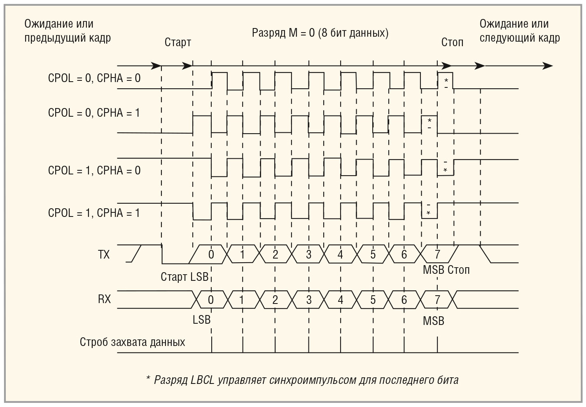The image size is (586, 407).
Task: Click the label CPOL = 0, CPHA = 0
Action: click(x=94, y=78)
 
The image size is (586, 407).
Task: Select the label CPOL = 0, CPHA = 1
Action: click(x=94, y=113)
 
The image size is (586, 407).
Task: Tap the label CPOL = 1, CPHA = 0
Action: click(x=94, y=170)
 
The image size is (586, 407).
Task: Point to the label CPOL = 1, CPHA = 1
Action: click(x=94, y=213)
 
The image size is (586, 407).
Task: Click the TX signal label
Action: click(x=104, y=255)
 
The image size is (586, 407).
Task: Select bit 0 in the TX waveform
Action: click(x=211, y=254)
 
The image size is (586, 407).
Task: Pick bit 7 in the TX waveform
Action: click(x=437, y=254)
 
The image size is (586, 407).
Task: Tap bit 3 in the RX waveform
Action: click(x=308, y=299)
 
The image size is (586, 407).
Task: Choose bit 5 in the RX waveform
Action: click(x=373, y=299)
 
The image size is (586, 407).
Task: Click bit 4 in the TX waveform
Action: click(x=340, y=254)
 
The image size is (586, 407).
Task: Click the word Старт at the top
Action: click(x=177, y=42)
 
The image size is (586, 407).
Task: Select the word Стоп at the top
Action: click(x=452, y=42)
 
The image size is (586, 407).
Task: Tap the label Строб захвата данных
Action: click(x=132, y=342)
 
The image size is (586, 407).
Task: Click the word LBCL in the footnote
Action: click(x=203, y=380)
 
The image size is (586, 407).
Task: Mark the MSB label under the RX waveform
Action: click(x=433, y=320)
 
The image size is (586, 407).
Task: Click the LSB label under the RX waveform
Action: click(x=201, y=319)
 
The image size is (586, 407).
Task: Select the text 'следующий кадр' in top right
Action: click(x=520, y=38)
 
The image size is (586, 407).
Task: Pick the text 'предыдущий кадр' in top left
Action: click(x=68, y=38)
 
